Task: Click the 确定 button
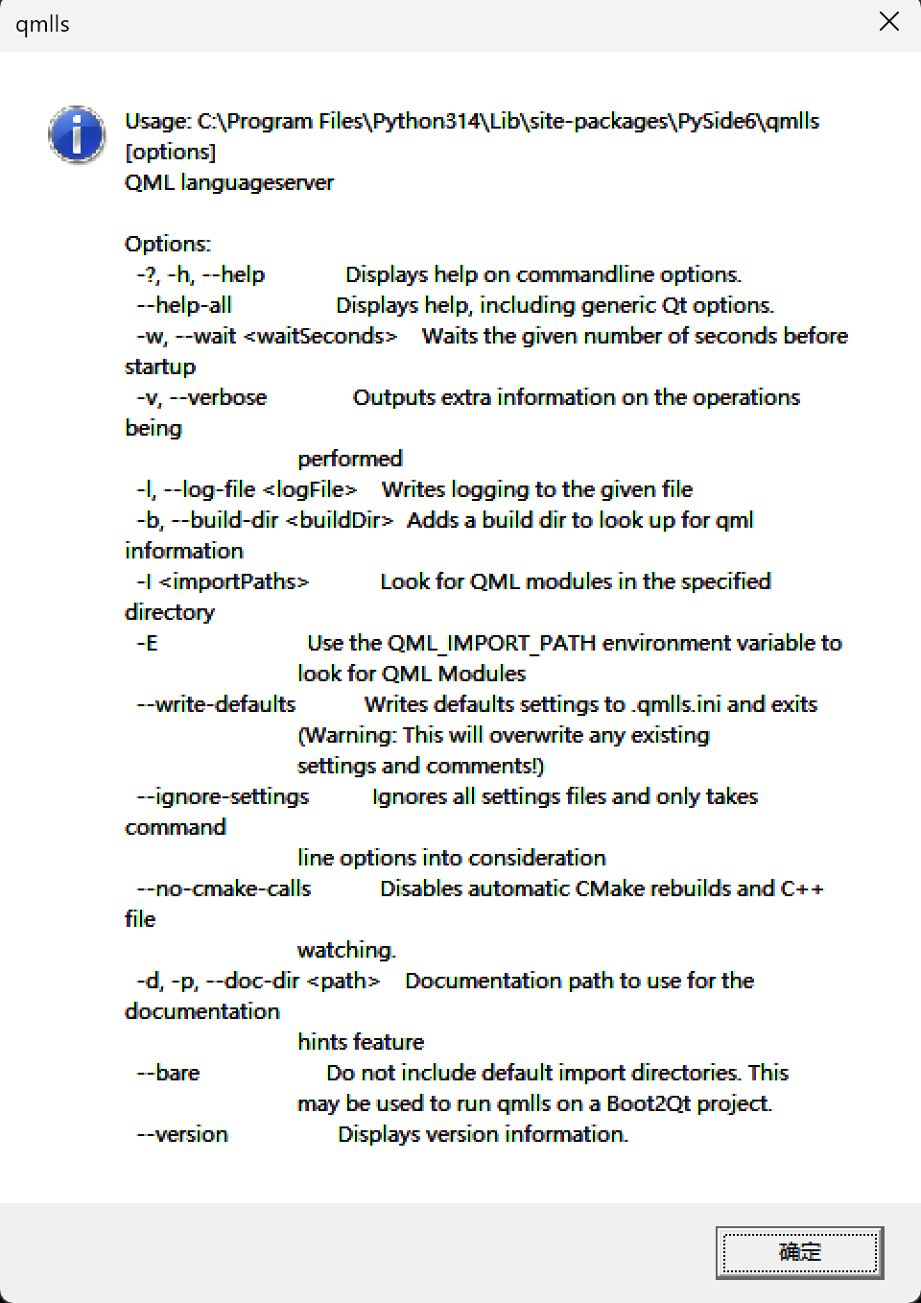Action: (x=799, y=1252)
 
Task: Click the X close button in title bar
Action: (x=889, y=22)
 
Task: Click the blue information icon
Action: (x=76, y=134)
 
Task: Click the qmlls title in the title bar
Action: (x=43, y=24)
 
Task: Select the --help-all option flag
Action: (x=184, y=305)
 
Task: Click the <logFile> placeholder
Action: (x=310, y=489)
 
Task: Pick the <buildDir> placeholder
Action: (x=340, y=520)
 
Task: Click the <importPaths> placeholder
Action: (x=234, y=581)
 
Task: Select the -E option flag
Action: (x=147, y=643)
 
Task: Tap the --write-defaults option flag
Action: (x=216, y=704)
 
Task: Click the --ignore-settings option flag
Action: (x=223, y=796)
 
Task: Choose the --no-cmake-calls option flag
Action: (x=224, y=888)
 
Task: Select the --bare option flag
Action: (x=168, y=1073)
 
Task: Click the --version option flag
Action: (x=182, y=1134)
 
